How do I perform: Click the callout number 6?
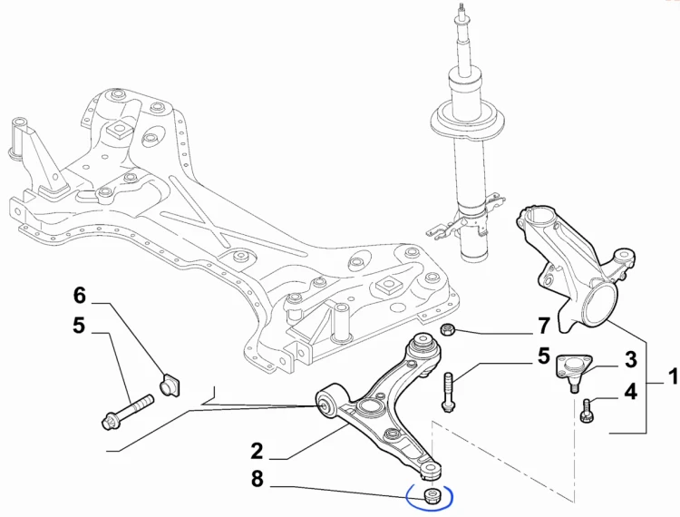point(80,296)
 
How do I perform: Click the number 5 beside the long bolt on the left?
point(79,326)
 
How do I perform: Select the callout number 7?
point(544,327)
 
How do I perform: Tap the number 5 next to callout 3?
point(544,356)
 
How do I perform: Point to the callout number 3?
point(630,360)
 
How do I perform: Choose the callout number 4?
point(630,392)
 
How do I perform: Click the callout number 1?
point(673,376)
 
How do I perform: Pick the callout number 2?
point(257,452)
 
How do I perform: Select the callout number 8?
point(257,480)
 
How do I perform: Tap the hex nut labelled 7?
point(447,330)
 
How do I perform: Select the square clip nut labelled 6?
point(170,385)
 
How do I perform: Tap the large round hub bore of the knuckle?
point(600,307)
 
